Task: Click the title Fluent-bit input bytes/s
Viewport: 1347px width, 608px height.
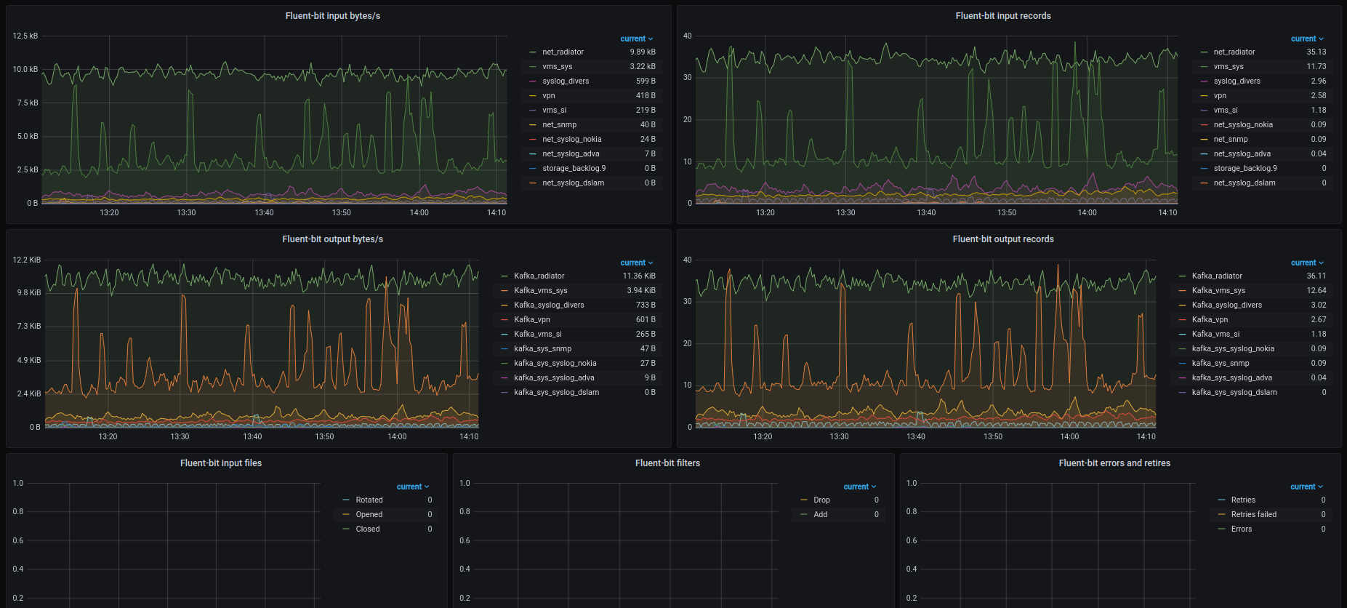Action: click(332, 16)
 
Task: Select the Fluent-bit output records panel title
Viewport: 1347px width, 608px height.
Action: click(1003, 239)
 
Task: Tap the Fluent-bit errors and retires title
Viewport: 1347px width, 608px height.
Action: click(1114, 463)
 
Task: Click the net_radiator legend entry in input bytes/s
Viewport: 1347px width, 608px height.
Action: click(563, 52)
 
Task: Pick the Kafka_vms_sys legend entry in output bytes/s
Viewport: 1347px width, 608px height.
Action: click(540, 291)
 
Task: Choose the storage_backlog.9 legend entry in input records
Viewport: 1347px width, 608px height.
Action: click(1245, 169)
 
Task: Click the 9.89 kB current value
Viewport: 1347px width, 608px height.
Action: click(643, 52)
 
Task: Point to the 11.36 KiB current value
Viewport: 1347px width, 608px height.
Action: click(639, 276)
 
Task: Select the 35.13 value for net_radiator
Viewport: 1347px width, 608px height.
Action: click(1316, 52)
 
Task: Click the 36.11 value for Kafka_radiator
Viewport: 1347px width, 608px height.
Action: click(1316, 276)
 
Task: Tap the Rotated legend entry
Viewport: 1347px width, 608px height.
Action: click(369, 500)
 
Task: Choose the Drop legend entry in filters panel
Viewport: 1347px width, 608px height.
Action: click(821, 500)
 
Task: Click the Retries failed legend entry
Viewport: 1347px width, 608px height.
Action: click(1254, 515)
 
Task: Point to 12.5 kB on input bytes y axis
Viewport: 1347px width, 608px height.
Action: click(25, 36)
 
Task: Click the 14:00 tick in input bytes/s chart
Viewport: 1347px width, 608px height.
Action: click(419, 213)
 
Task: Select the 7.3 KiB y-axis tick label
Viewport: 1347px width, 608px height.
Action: click(29, 327)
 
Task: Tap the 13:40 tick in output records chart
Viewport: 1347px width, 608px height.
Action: click(916, 437)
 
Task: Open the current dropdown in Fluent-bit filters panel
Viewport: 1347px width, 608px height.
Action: click(860, 487)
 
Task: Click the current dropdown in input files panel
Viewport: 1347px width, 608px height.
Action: click(413, 487)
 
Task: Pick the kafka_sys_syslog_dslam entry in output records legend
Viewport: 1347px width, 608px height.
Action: click(1234, 393)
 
